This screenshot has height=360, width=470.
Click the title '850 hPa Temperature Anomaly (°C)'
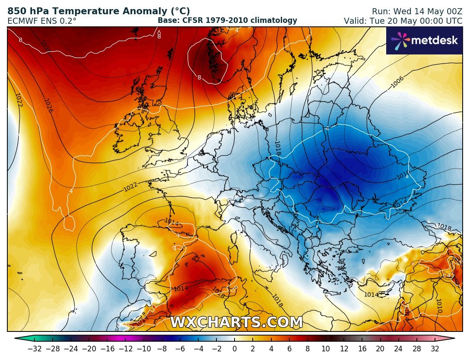[x=98, y=12]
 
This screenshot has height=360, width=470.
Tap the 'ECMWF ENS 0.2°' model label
[x=42, y=21]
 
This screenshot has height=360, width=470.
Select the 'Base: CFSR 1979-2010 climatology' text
[x=227, y=20]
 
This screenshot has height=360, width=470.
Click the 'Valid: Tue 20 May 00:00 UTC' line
[x=403, y=21]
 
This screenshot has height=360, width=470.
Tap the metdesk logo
[x=424, y=41]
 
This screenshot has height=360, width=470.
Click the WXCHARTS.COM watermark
[x=236, y=322]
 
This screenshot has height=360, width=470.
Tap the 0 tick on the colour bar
[x=235, y=349]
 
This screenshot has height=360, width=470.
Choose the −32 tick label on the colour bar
[x=35, y=349]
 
